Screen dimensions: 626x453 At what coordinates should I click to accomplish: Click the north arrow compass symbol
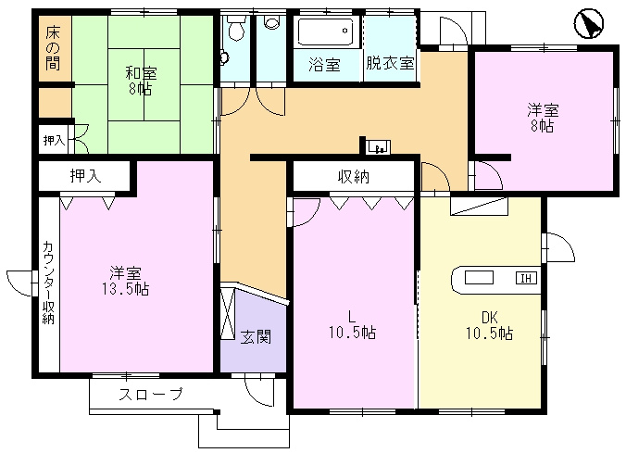(589, 24)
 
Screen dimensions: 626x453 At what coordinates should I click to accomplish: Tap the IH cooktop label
(526, 278)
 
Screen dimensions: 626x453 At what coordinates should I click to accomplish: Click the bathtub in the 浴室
(326, 31)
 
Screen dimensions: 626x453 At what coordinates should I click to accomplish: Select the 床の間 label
(52, 48)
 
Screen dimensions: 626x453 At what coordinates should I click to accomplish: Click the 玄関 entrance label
(256, 337)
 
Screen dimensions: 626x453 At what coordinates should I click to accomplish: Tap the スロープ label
(151, 395)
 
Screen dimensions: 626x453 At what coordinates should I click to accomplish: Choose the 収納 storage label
(354, 176)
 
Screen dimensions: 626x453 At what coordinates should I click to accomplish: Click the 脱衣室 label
(390, 63)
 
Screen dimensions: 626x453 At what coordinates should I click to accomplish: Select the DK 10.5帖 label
(490, 325)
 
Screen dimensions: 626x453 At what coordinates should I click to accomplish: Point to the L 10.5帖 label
(352, 324)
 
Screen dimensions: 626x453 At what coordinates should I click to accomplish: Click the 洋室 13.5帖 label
(125, 281)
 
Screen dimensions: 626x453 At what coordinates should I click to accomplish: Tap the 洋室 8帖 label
(542, 118)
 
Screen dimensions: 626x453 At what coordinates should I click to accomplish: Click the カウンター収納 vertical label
(48, 282)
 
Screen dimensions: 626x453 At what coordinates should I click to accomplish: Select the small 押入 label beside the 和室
(54, 140)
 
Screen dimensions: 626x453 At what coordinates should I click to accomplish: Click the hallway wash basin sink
(378, 147)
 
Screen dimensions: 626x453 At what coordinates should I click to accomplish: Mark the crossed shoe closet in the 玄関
(228, 313)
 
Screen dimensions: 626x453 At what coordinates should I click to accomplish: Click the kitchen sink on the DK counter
(479, 278)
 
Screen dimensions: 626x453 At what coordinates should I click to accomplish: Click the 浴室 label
(324, 64)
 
